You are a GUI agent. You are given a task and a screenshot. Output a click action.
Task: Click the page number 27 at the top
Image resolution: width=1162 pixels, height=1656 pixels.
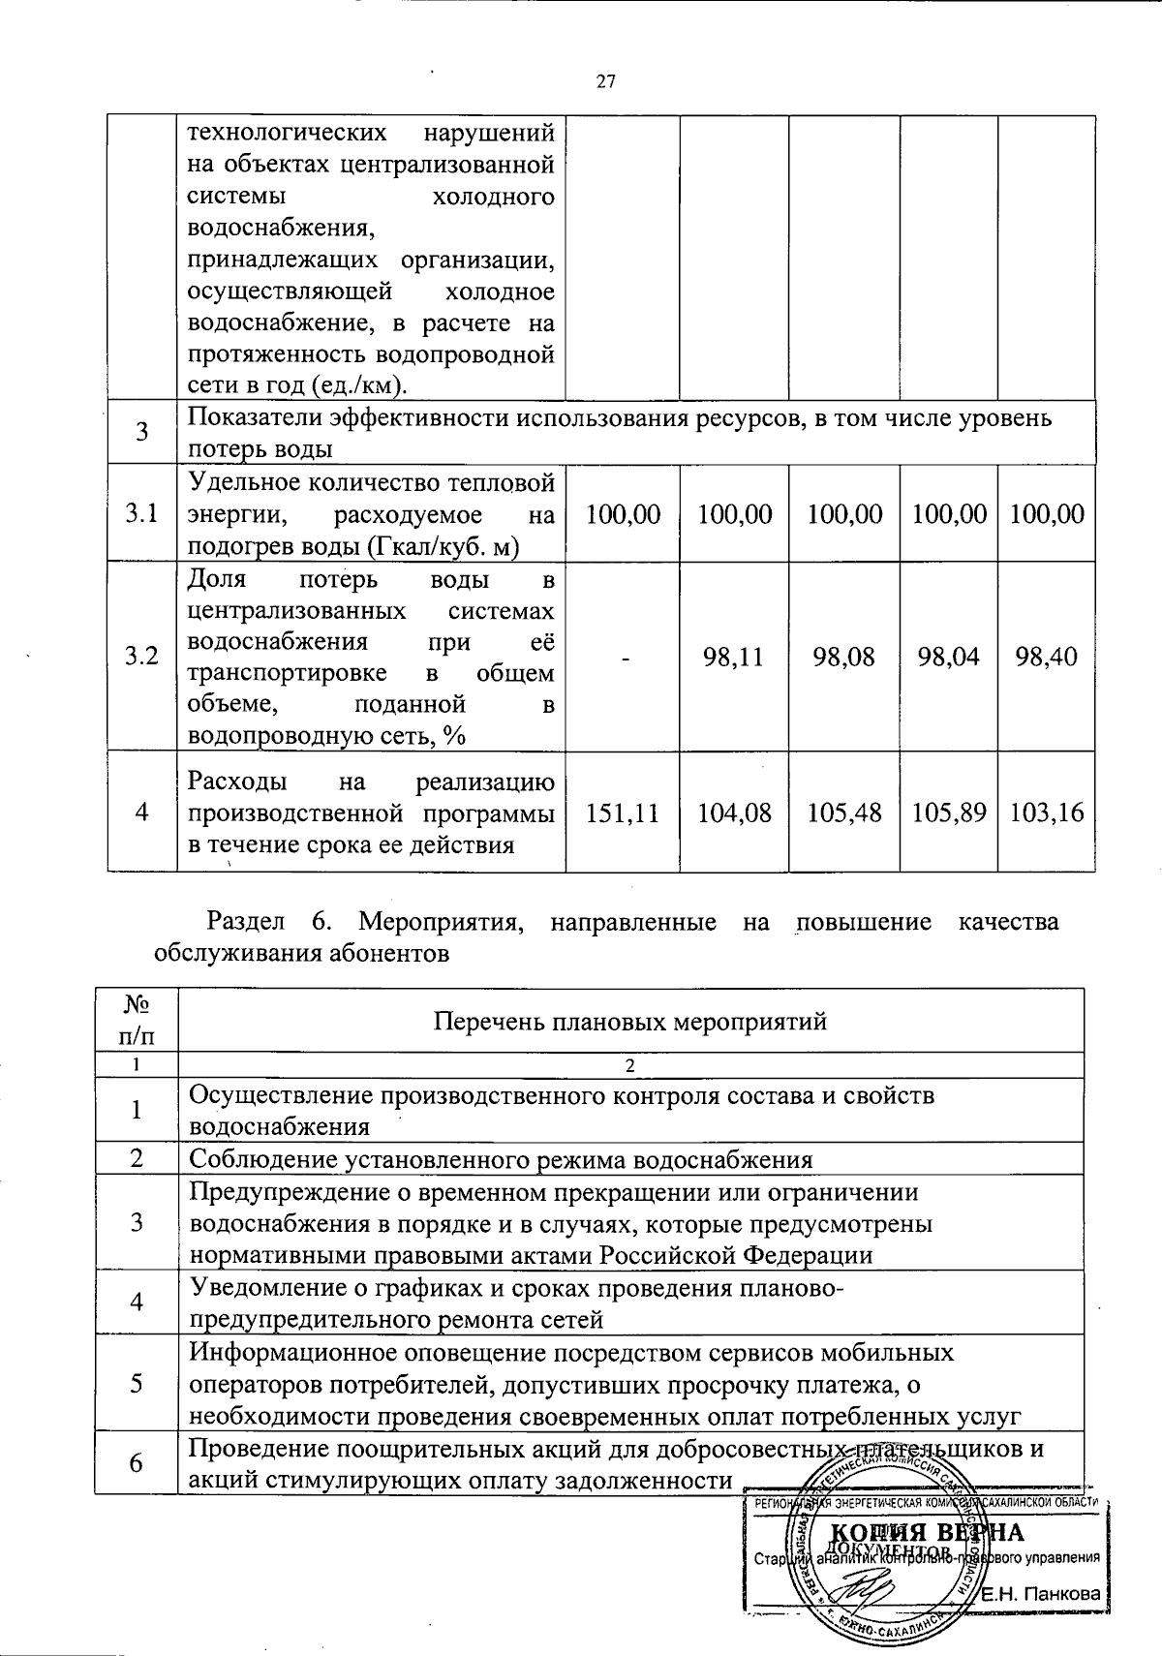click(606, 82)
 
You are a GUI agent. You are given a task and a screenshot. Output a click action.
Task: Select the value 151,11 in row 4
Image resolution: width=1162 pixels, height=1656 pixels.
click(623, 813)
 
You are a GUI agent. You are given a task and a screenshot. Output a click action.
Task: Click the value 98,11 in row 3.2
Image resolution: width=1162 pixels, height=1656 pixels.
click(734, 658)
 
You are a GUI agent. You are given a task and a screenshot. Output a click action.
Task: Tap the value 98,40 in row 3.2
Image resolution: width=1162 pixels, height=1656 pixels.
click(1047, 658)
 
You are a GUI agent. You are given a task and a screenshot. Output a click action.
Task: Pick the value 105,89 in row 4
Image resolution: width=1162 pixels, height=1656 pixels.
click(949, 813)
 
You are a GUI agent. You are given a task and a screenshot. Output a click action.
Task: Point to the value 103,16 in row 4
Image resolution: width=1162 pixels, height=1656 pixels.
click(1047, 813)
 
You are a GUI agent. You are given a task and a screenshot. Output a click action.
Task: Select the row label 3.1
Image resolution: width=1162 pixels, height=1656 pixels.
click(141, 514)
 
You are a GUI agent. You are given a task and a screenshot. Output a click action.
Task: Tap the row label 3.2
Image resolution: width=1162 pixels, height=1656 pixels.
click(141, 658)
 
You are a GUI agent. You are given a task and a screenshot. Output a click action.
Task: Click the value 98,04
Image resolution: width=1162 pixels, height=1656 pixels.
click(949, 658)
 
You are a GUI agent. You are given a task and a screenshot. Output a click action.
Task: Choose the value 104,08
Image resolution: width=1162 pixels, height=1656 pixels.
click(734, 813)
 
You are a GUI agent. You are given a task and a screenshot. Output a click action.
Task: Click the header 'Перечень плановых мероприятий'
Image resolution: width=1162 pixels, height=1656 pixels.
click(630, 1021)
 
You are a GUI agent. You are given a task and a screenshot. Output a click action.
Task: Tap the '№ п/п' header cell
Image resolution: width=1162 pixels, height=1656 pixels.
click(137, 1020)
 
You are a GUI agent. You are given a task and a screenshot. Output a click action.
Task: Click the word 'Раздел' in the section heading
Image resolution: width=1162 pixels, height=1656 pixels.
click(246, 922)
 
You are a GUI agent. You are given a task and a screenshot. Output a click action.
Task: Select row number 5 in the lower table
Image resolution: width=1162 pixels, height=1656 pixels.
click(137, 1383)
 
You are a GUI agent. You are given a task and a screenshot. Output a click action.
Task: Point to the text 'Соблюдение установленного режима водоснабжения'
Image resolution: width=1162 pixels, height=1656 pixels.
click(500, 1159)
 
